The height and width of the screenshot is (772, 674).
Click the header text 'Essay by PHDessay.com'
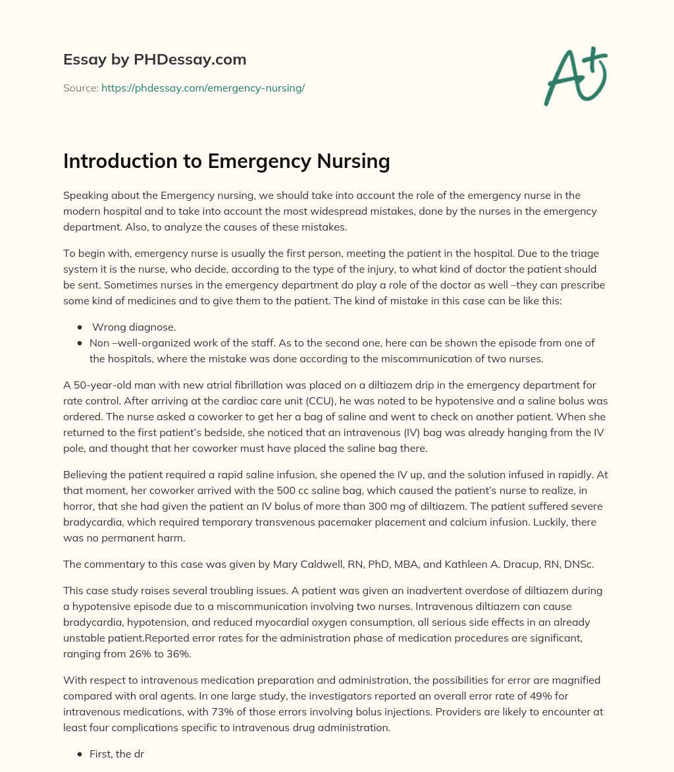(x=155, y=60)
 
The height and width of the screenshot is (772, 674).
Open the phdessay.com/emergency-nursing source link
(x=203, y=88)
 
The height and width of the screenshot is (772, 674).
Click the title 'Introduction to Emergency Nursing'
(x=226, y=161)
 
